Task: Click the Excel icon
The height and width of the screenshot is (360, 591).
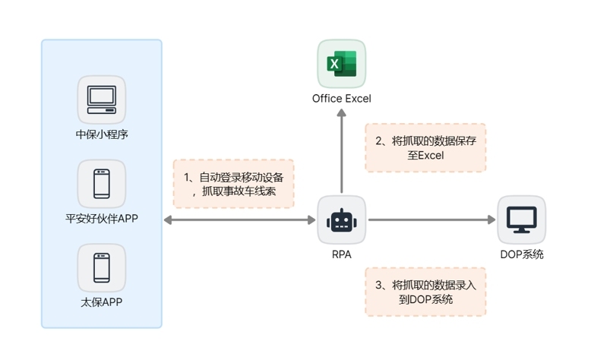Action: pyautogui.click(x=341, y=64)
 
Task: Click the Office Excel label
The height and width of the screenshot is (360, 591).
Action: pyautogui.click(x=341, y=99)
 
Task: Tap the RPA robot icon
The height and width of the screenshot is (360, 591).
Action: pyautogui.click(x=341, y=219)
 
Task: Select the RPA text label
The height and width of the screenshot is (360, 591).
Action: pyautogui.click(x=341, y=254)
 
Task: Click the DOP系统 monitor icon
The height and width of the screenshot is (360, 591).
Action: pyautogui.click(x=521, y=219)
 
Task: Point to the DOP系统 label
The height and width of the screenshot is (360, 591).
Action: pyautogui.click(x=521, y=254)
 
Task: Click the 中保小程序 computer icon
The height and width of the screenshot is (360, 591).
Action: pyautogui.click(x=102, y=99)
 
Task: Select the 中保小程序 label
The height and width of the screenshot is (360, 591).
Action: pyautogui.click(x=102, y=134)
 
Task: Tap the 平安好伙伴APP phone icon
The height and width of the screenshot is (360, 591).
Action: pyautogui.click(x=102, y=184)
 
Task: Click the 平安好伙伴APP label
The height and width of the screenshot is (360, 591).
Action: pyautogui.click(x=102, y=219)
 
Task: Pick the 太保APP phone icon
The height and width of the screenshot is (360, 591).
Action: pyautogui.click(x=102, y=267)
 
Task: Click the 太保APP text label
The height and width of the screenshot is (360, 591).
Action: pyautogui.click(x=102, y=302)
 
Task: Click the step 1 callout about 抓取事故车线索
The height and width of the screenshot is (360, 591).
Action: pyautogui.click(x=233, y=184)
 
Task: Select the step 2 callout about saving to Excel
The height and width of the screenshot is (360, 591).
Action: pyautogui.click(x=425, y=147)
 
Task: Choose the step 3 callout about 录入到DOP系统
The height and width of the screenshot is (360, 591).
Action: pyautogui.click(x=425, y=292)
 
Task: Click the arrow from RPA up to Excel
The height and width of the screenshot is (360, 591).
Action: pyautogui.click(x=341, y=152)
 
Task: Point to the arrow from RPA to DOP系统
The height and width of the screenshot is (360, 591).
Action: pyautogui.click(x=429, y=220)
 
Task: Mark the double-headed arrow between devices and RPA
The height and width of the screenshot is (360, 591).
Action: pyautogui.click(x=239, y=220)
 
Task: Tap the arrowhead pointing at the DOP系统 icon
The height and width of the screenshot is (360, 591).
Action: pyautogui.click(x=491, y=220)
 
